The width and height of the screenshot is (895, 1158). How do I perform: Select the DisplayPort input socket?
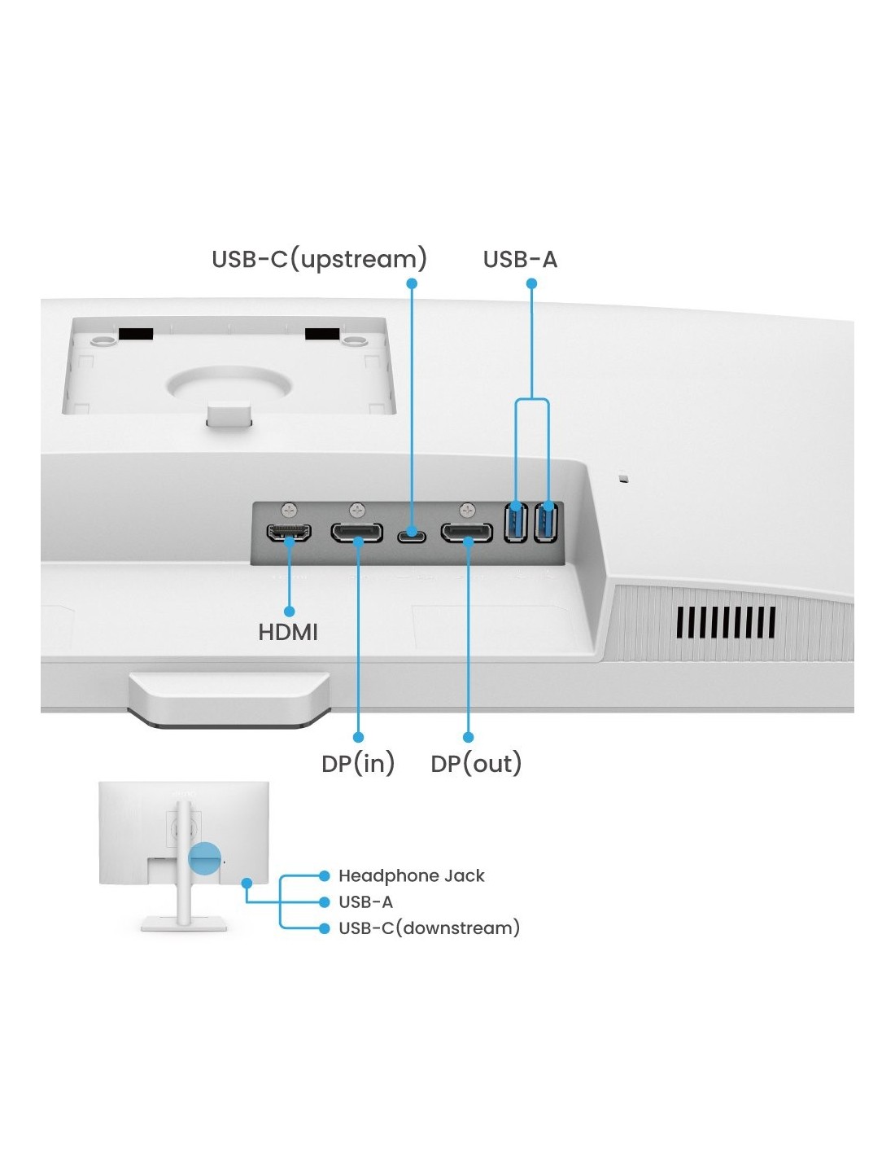[356, 533]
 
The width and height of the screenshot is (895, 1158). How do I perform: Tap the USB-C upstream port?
[412, 537]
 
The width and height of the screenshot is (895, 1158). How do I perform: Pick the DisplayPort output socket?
[466, 533]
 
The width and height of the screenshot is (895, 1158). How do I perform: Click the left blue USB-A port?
[516, 522]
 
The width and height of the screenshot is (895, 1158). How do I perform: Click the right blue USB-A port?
[546, 522]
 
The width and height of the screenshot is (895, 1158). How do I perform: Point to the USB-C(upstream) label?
[319, 259]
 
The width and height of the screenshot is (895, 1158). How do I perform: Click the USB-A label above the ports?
[520, 259]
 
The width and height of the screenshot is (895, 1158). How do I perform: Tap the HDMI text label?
[287, 632]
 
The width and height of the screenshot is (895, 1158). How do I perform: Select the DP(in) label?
[358, 764]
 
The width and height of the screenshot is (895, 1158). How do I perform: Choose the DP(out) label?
[476, 764]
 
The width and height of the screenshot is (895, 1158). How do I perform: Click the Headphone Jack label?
[411, 875]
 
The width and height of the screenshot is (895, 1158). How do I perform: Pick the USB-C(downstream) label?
[429, 928]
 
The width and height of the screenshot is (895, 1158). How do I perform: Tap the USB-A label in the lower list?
[365, 901]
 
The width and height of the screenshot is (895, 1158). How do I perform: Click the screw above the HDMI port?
[289, 510]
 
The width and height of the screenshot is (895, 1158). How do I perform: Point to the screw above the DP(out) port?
[466, 510]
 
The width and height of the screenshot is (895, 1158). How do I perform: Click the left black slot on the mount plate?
[136, 334]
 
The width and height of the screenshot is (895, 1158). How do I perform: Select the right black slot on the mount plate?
[322, 334]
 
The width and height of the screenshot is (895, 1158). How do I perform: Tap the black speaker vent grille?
[725, 622]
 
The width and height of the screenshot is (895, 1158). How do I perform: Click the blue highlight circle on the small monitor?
[204, 858]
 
